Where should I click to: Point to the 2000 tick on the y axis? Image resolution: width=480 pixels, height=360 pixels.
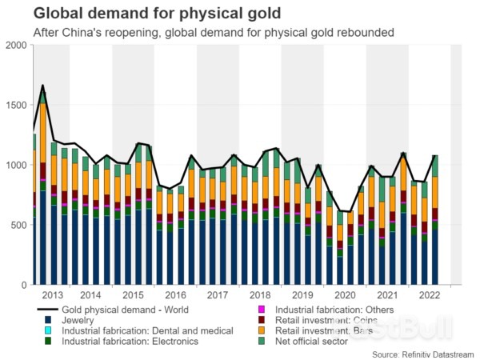pyautogui.click(x=15, y=45)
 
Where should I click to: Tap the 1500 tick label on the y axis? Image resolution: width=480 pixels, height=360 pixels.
pyautogui.click(x=15, y=105)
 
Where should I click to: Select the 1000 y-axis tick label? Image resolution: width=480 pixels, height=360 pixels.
pyautogui.click(x=15, y=165)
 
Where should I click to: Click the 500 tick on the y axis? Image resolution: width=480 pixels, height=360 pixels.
pyautogui.click(x=18, y=225)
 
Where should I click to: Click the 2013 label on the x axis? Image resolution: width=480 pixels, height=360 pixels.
pyautogui.click(x=54, y=295)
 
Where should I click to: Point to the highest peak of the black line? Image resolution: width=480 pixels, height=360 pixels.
pyautogui.click(x=42, y=86)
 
